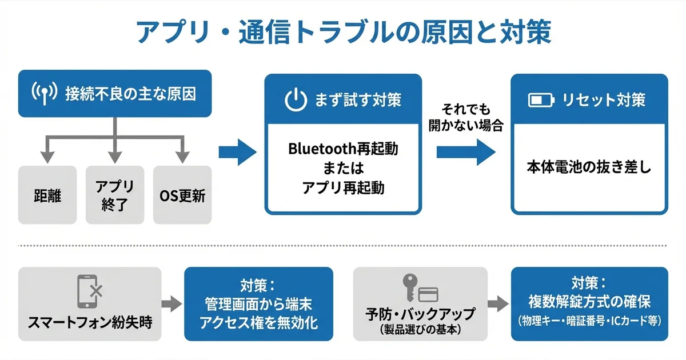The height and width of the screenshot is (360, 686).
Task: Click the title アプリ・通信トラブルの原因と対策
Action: [343, 33]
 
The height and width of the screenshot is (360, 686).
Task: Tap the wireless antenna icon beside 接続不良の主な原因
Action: [44, 94]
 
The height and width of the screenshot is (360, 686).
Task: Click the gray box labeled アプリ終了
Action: [115, 194]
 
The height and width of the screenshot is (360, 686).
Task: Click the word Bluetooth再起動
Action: [343, 149]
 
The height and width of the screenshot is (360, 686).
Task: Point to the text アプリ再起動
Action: [343, 187]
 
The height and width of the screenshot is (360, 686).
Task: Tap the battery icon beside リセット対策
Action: [541, 101]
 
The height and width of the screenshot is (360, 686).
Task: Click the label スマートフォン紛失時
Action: [90, 323]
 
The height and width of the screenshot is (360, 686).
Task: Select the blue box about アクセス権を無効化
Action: [258, 304]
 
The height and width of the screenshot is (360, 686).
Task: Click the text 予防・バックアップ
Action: [420, 314]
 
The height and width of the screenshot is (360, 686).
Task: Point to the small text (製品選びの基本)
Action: [420, 329]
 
